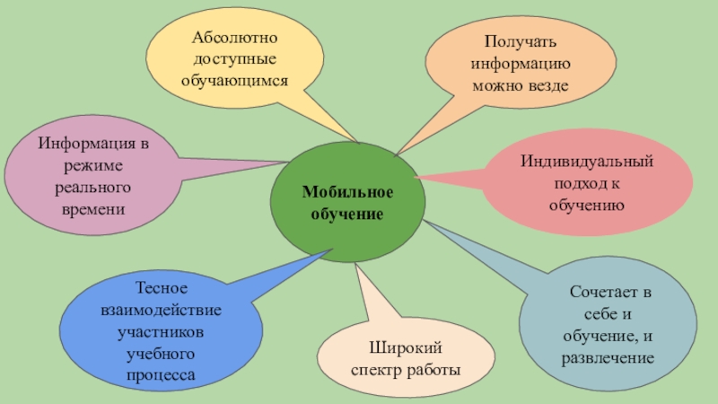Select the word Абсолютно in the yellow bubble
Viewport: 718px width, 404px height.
(x=234, y=40)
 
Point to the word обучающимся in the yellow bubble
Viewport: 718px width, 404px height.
(x=234, y=80)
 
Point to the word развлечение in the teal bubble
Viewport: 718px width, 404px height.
(x=608, y=357)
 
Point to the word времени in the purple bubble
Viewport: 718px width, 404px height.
(x=88, y=208)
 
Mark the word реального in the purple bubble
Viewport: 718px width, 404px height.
(x=88, y=188)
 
